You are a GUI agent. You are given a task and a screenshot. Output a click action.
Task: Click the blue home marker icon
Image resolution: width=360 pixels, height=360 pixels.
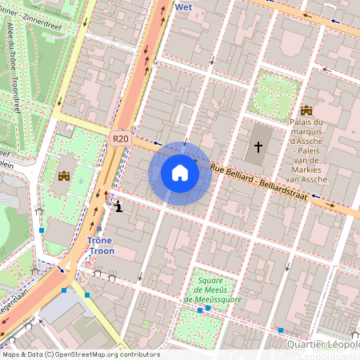point(180,173)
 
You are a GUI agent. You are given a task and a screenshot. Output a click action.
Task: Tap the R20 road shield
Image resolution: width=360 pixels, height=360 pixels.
point(120,138)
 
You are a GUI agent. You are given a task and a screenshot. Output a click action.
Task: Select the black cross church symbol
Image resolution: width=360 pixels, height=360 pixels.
point(258,146)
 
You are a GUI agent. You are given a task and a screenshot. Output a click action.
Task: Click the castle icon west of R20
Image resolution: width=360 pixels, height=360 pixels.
point(64,174)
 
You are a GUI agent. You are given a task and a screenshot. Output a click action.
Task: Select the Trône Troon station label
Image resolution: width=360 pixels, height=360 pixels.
point(101,246)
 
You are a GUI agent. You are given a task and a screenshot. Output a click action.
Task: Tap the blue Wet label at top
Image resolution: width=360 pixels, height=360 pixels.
point(183,6)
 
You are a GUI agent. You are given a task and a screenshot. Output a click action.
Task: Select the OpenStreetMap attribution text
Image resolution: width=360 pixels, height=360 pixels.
point(80,354)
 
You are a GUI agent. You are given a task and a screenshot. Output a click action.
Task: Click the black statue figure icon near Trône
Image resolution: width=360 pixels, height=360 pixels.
point(118,207)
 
